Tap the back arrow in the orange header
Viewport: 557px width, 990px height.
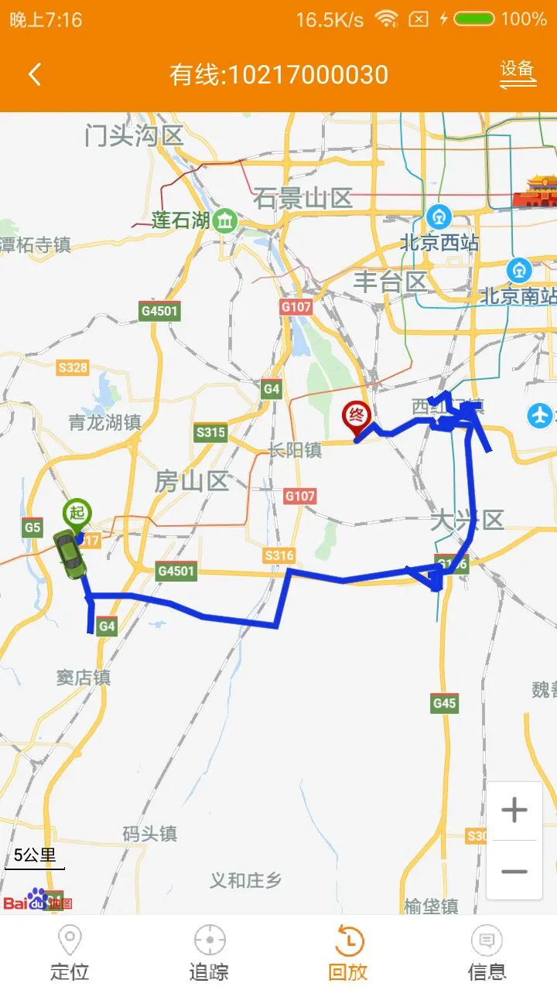pos(34,75)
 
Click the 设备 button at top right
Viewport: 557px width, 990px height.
pos(518,73)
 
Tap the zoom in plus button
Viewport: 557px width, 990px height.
pos(514,811)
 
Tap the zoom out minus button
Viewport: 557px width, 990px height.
pos(514,871)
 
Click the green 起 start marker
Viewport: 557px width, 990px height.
pos(77,514)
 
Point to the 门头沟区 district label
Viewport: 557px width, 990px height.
pos(134,136)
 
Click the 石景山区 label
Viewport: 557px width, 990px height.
pos(302,199)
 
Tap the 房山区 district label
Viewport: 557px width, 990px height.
pos(191,481)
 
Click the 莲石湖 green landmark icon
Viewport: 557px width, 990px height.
pos(225,220)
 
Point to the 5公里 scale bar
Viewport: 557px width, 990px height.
pos(35,859)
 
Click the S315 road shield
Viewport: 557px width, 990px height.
pos(210,432)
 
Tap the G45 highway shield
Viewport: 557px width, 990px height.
pos(444,703)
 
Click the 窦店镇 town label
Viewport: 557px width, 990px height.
pos(84,678)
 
